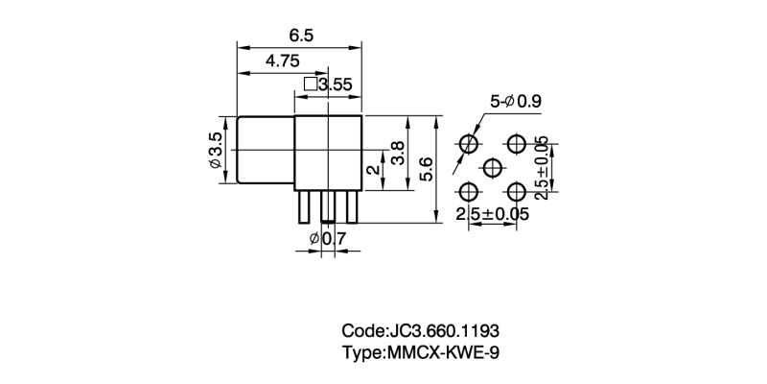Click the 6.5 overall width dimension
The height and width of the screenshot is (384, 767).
pos(301,35)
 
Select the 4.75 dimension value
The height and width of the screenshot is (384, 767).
pos(283,60)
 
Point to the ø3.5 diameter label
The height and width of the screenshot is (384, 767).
pos(216,153)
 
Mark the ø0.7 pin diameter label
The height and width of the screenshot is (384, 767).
pos(328,237)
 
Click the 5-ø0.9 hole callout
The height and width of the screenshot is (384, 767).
pos(516,100)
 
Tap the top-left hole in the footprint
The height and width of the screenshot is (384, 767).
pos(469,144)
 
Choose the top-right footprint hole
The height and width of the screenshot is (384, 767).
pos(517,144)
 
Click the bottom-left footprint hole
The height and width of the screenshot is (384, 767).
pos(469,191)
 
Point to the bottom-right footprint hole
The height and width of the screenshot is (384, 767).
pos(517,191)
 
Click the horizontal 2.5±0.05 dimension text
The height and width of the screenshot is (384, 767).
pos(493,214)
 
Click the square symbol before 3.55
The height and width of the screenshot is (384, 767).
pos(310,84)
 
